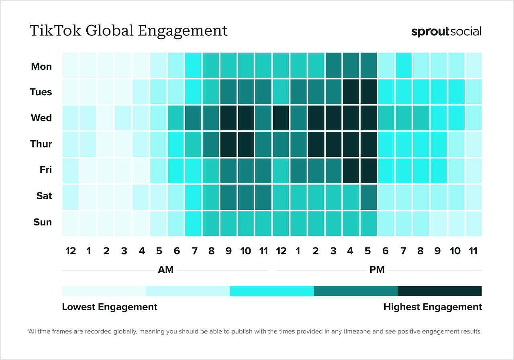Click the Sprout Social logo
(x=446, y=32)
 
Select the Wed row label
(x=41, y=118)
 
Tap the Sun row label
(x=43, y=222)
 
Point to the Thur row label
(x=41, y=144)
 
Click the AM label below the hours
(x=165, y=270)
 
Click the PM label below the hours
(x=377, y=270)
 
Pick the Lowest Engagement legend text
(x=110, y=307)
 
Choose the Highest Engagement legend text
(x=432, y=307)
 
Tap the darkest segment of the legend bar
(x=439, y=291)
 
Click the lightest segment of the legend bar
(x=104, y=291)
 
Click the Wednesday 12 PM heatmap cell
(x=281, y=118)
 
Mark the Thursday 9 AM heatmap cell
(x=228, y=144)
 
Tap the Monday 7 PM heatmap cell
(x=403, y=65)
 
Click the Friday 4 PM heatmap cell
(x=351, y=170)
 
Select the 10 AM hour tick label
(x=245, y=251)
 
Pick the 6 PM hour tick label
(x=385, y=251)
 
